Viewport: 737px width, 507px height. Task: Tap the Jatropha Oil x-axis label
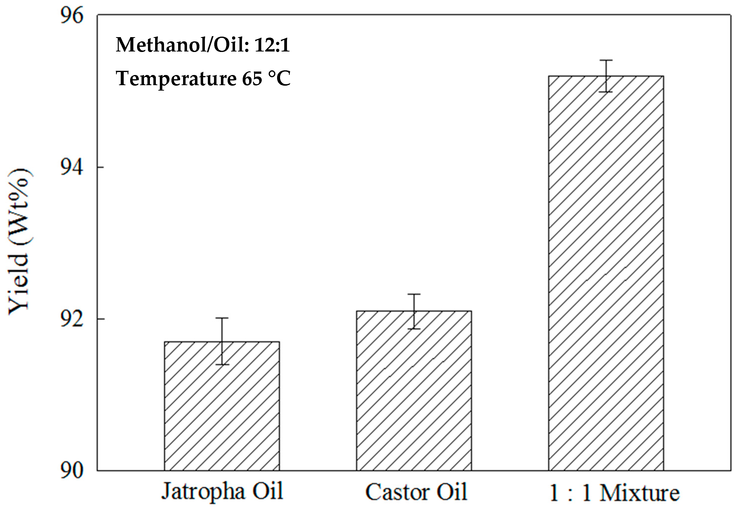(x=222, y=491)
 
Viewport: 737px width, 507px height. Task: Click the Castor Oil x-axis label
(x=416, y=492)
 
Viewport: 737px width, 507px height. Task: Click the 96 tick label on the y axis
(x=71, y=15)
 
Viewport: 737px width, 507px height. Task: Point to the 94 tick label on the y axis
(x=71, y=167)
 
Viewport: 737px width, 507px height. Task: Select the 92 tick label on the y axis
(x=71, y=319)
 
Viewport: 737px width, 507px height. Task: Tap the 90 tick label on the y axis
(x=71, y=470)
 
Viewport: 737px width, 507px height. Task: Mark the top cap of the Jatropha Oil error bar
(x=222, y=318)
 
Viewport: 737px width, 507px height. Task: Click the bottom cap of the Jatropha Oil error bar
(x=222, y=364)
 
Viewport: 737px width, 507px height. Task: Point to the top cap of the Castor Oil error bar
(x=414, y=294)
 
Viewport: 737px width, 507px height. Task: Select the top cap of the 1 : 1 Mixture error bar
(x=606, y=60)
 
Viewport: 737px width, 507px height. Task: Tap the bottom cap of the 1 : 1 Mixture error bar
(x=606, y=92)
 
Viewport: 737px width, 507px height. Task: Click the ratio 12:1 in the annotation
(x=272, y=45)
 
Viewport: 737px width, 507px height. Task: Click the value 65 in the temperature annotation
(x=252, y=78)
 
